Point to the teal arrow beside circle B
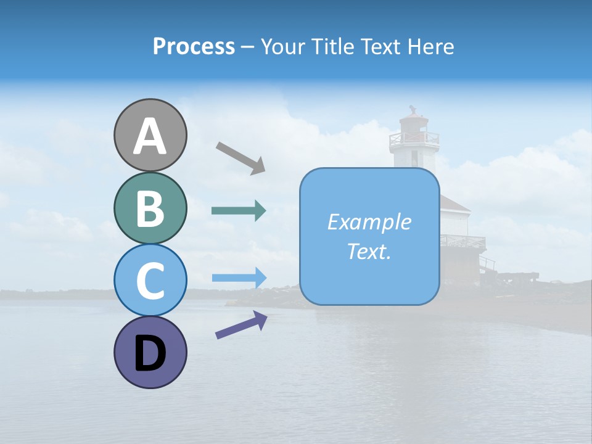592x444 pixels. coord(239,211)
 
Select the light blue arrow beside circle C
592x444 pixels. coord(239,277)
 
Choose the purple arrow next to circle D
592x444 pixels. coord(241,325)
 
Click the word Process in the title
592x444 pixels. coord(194,47)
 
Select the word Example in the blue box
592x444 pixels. coord(369,222)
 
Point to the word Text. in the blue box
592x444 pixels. coord(369,252)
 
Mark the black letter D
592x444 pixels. coord(150,354)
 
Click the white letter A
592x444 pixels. coord(150,137)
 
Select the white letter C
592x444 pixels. coord(150,281)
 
